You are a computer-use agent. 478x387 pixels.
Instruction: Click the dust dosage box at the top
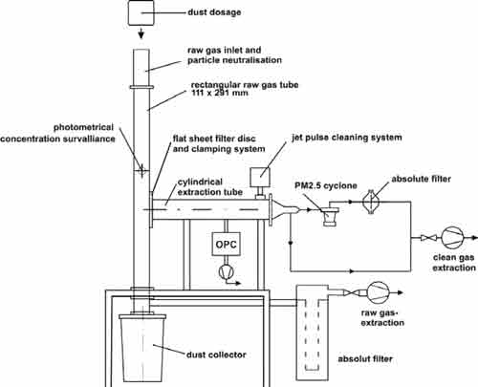point(141,12)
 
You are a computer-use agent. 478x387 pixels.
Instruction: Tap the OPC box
point(226,244)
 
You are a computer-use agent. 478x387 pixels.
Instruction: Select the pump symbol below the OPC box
point(226,271)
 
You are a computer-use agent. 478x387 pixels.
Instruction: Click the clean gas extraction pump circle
point(452,238)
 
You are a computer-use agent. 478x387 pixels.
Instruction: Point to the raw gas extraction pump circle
point(378,293)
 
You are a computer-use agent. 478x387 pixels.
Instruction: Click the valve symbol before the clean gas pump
point(427,238)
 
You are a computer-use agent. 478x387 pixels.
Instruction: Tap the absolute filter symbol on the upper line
point(370,202)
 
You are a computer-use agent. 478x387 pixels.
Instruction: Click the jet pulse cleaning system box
point(260,178)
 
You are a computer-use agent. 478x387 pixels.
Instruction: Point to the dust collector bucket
point(142,348)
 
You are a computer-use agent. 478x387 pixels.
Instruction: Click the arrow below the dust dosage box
point(141,32)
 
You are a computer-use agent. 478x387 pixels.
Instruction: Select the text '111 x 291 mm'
point(220,93)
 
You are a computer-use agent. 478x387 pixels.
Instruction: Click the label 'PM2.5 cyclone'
point(326,185)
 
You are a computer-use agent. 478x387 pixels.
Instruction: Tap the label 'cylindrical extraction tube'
point(210,187)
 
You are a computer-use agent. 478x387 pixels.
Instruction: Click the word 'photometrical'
point(83,128)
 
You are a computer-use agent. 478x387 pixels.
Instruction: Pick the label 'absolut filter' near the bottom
point(365,359)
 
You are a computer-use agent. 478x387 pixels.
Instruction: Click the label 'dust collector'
point(216,355)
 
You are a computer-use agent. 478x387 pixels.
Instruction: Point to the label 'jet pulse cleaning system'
point(347,138)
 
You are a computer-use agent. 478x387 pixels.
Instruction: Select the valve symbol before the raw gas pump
point(351,293)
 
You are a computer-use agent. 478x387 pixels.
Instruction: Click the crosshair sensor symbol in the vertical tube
point(141,170)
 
